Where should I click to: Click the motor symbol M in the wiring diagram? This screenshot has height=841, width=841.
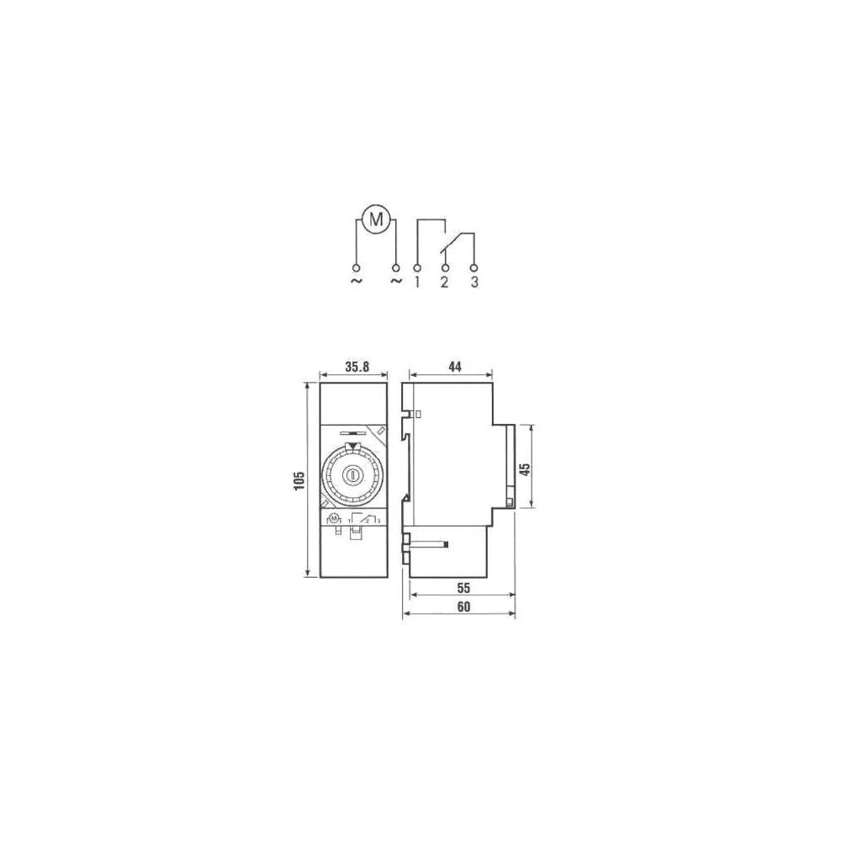tap(377, 220)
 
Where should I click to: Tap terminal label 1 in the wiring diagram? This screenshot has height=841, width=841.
tap(417, 283)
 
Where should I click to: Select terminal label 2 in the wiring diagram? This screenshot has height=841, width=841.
tap(444, 283)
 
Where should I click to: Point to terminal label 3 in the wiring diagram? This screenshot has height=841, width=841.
tap(474, 283)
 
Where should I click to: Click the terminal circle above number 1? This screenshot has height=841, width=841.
tap(417, 267)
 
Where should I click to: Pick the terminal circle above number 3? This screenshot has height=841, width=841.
tap(473, 267)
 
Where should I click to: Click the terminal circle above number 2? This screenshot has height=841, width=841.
tap(444, 267)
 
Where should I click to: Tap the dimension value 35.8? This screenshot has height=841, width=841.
tap(357, 367)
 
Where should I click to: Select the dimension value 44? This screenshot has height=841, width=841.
tap(455, 367)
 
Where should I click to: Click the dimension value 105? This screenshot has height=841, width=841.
tap(299, 480)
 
